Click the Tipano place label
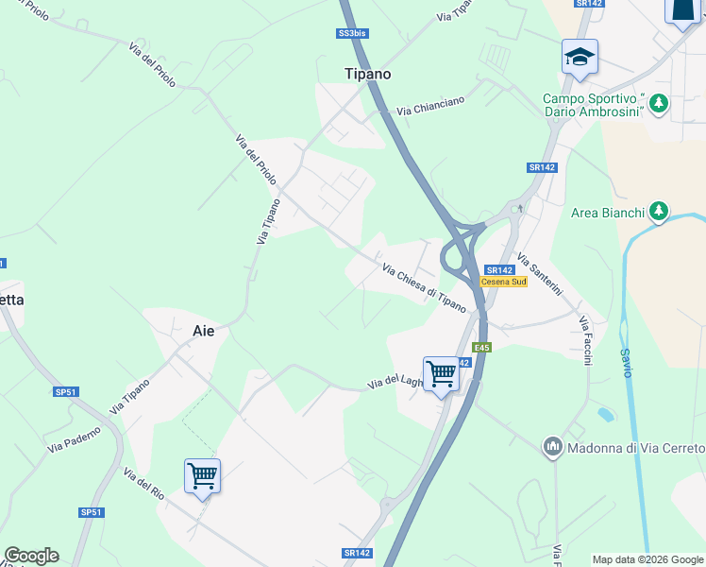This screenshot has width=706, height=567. click(366, 73)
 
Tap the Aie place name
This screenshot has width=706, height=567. click(203, 331)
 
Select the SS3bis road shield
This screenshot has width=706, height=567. click(352, 33)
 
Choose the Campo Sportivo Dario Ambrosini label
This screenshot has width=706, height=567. click(594, 105)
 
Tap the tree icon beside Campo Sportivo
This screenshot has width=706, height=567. click(659, 103)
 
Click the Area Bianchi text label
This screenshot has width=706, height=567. click(608, 213)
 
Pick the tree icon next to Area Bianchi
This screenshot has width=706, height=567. click(660, 212)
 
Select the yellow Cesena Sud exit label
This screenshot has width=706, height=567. click(503, 282)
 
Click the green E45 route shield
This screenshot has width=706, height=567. click(482, 348)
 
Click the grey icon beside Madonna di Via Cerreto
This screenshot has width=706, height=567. click(552, 445)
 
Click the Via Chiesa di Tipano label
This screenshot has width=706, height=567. click(424, 288)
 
